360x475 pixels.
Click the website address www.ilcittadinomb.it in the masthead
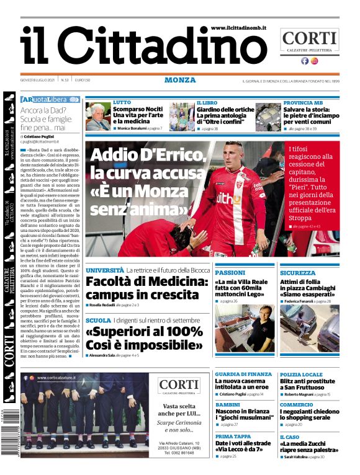tap(238, 29)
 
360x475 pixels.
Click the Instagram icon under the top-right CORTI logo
tap(315, 61)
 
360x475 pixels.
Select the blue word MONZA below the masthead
tap(180, 80)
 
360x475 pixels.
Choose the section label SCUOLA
tap(98, 320)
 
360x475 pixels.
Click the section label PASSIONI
tap(230, 273)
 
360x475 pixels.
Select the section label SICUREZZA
tap(297, 273)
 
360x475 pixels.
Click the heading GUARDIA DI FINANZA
tap(243, 375)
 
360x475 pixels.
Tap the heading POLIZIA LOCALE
tap(301, 375)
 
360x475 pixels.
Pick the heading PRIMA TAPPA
tap(233, 436)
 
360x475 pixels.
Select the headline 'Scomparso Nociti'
tap(138, 109)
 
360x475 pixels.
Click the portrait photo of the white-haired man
tap(97, 116)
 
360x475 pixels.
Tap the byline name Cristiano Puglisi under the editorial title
tap(43, 136)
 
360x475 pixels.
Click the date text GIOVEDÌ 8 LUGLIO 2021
tap(38, 81)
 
